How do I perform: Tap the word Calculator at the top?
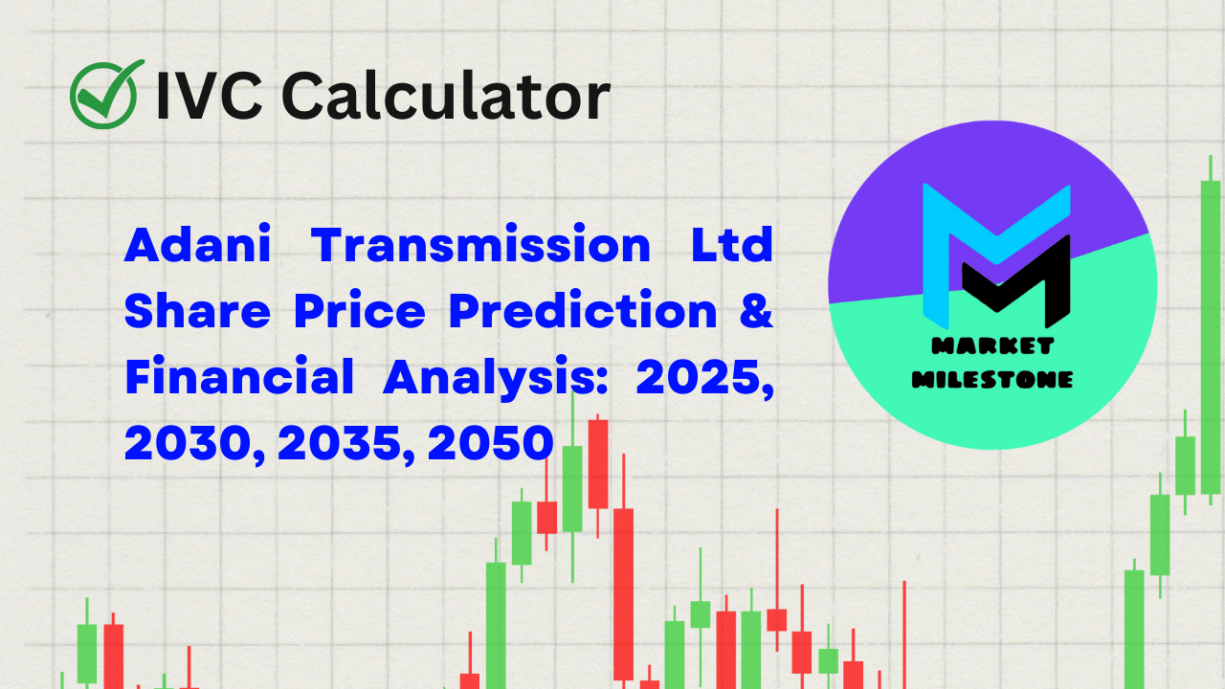point(446,96)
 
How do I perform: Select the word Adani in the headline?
point(197,247)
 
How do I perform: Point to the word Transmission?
point(482,247)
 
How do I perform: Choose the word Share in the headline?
point(198,312)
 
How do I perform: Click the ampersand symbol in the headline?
point(756,312)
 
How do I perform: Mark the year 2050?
point(491,443)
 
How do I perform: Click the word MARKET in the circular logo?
point(992,346)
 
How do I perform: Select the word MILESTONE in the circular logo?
point(992,379)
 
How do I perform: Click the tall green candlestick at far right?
point(1211,335)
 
